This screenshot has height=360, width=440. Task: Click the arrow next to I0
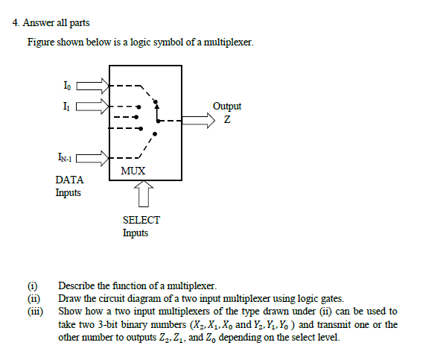(x=93, y=86)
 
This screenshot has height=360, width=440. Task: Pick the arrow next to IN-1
(x=93, y=157)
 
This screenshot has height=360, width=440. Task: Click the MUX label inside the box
(x=133, y=171)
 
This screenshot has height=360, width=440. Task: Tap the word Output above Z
(x=226, y=107)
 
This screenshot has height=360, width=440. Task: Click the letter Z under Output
(x=226, y=121)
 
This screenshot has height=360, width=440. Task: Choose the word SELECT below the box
(x=141, y=220)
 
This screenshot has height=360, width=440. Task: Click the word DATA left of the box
(x=69, y=180)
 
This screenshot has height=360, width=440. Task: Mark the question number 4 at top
(x=16, y=23)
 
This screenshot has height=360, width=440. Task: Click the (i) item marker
(x=32, y=285)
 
